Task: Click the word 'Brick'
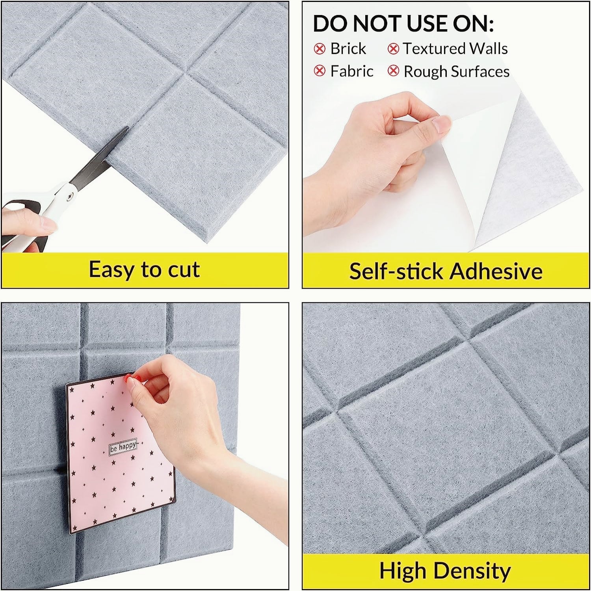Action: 348,49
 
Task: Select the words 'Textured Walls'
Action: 455,49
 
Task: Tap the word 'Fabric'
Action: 351,71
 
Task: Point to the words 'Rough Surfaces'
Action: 457,72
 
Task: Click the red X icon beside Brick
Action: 320,49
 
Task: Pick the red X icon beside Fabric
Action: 320,71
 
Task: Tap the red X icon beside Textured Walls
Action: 393,49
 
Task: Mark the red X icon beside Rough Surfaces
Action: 393,71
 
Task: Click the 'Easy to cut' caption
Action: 144,270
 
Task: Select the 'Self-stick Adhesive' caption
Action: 446,271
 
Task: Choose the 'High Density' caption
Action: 445,571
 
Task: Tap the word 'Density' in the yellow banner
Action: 473,571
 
